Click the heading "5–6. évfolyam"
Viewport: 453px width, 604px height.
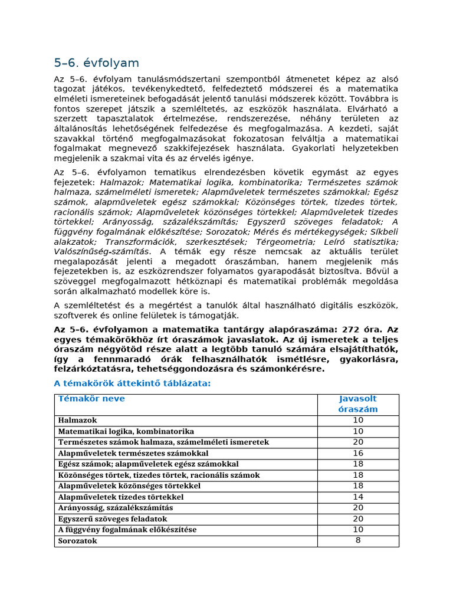96,63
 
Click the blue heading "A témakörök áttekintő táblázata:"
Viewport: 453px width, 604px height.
132,383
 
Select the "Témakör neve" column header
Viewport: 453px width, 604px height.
91,399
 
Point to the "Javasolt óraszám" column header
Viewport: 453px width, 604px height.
358,404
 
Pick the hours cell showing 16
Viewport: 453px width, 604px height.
358,453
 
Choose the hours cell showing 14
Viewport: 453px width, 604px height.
358,497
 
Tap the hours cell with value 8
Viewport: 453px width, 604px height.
358,540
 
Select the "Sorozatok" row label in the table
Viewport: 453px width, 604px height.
77,541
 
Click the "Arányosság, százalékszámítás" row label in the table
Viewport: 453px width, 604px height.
116,508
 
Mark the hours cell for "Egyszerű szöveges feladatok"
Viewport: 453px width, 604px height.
358,518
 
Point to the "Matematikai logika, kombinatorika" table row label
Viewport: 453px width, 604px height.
126,431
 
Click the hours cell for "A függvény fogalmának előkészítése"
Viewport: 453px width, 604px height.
358,530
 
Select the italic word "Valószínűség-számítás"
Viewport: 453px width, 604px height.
94,252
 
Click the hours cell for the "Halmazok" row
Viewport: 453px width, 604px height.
358,421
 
